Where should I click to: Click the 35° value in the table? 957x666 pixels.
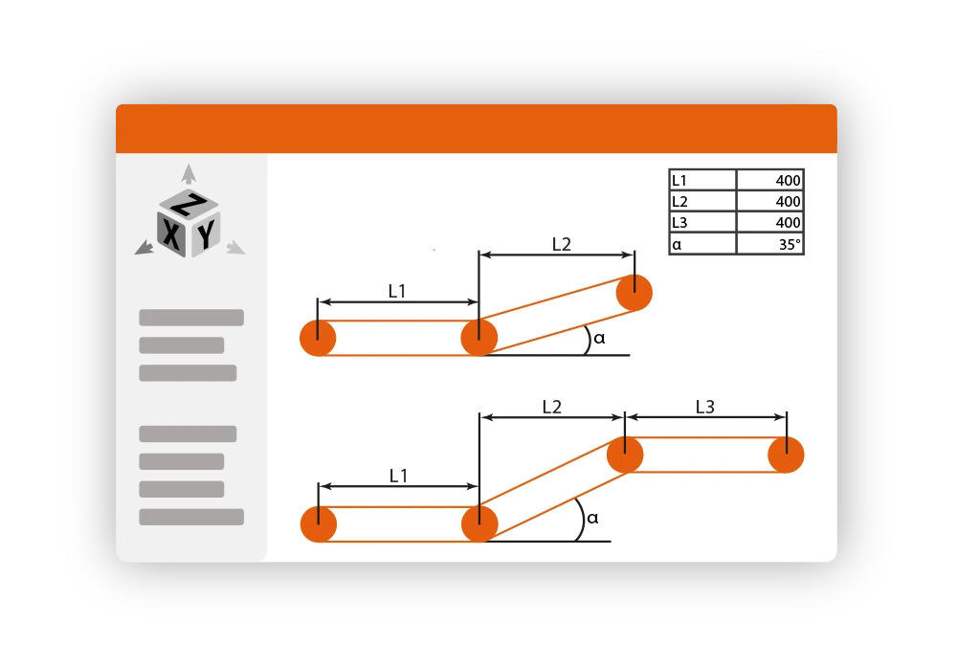(790, 244)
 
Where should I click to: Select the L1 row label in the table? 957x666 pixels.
(679, 181)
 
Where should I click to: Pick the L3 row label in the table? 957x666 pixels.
(679, 223)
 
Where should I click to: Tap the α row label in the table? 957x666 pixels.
(677, 245)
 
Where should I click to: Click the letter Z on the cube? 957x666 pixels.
(189, 205)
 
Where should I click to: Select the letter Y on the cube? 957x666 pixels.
(207, 233)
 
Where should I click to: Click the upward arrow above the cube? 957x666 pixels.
(189, 173)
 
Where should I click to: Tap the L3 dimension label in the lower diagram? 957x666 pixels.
(705, 408)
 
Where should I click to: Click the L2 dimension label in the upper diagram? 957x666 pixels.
(562, 245)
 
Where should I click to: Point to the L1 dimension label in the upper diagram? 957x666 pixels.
(397, 291)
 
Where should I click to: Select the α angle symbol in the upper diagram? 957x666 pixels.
(599, 338)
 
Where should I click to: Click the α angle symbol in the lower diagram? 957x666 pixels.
(592, 519)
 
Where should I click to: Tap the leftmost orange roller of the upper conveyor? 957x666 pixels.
(318, 338)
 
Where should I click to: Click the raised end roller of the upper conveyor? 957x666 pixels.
(634, 293)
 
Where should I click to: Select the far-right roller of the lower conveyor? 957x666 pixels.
(786, 455)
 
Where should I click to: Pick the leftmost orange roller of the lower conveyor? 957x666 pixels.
(319, 523)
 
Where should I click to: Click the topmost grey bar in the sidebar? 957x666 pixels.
(191, 318)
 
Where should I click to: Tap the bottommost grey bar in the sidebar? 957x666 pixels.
(191, 517)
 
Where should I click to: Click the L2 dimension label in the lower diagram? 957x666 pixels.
(552, 408)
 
